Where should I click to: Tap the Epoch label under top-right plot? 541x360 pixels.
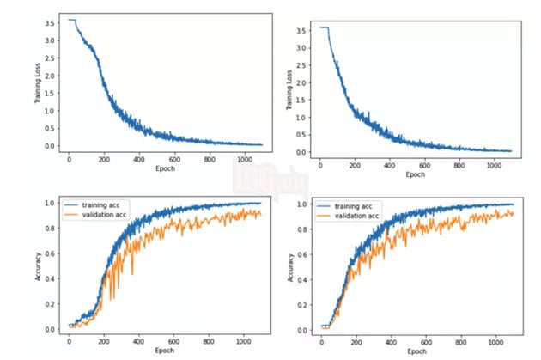coord(415,174)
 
